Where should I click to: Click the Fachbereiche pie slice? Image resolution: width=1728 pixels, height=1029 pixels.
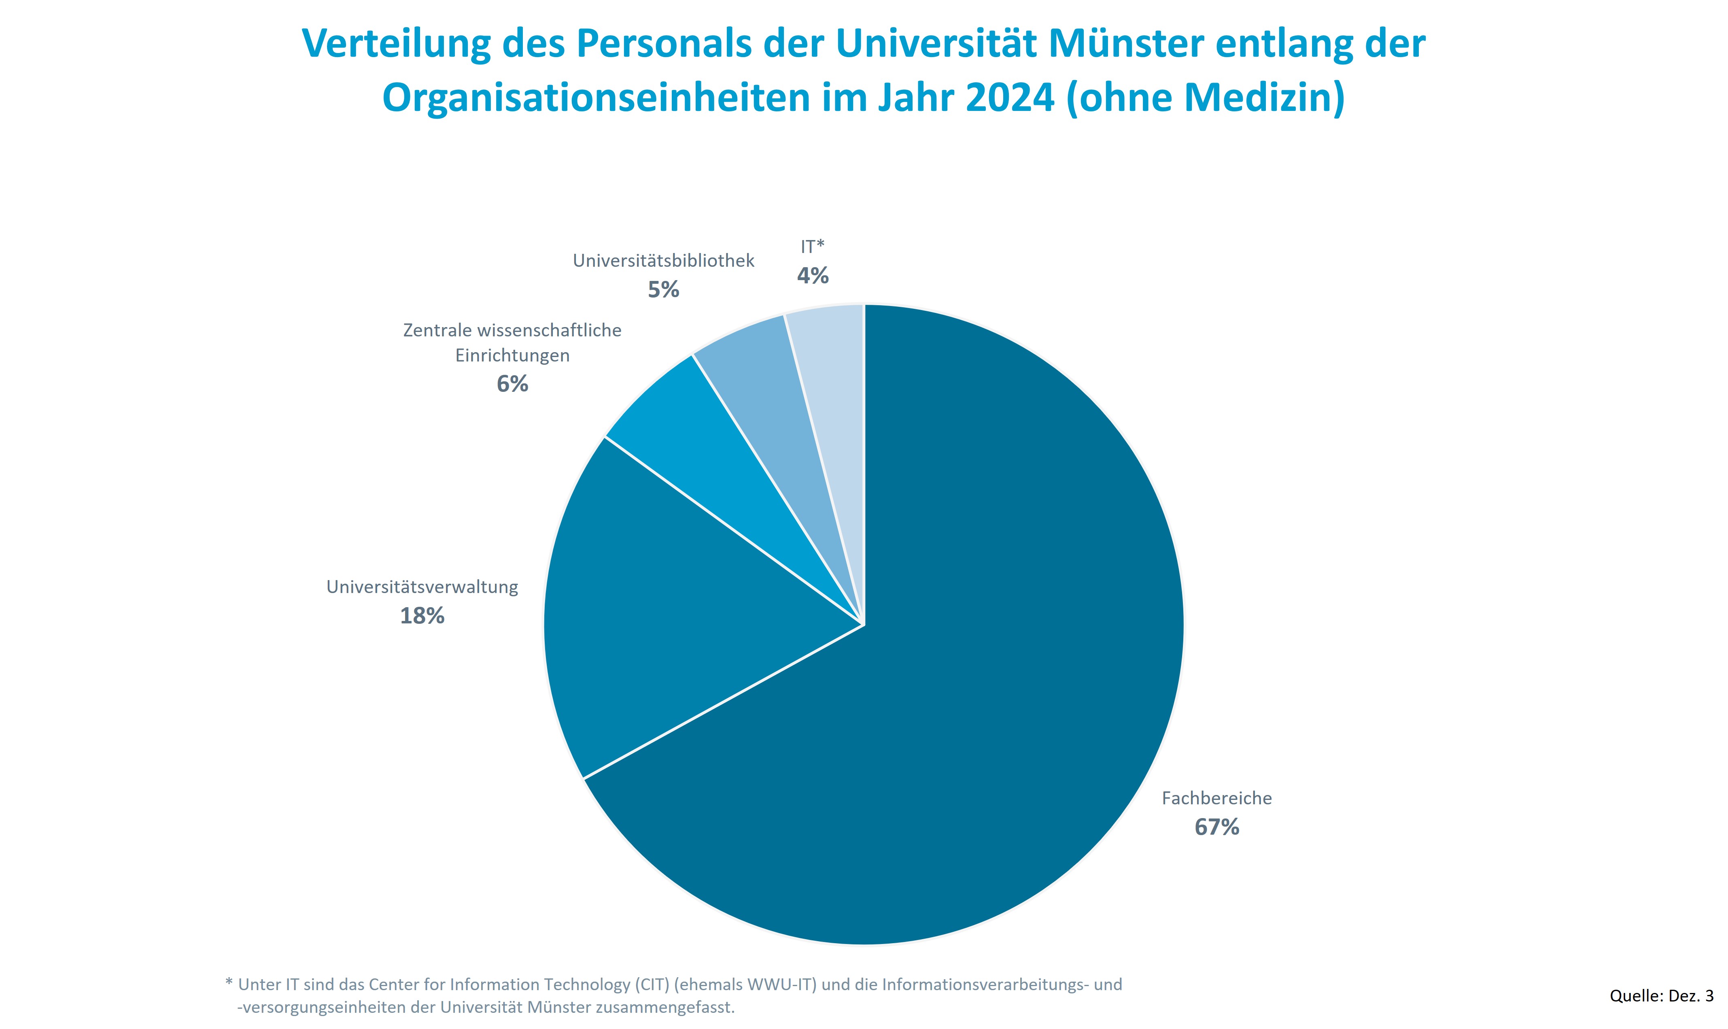(970, 693)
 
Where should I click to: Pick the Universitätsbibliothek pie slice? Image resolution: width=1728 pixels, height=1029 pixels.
(776, 388)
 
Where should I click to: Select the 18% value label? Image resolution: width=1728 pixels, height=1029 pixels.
(422, 616)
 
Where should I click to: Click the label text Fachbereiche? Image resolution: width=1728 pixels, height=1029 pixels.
(1216, 798)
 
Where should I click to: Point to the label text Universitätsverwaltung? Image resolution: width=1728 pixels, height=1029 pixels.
(422, 587)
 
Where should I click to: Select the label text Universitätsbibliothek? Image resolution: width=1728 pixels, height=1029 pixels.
(663, 261)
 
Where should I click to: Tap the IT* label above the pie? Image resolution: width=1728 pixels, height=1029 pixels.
(812, 246)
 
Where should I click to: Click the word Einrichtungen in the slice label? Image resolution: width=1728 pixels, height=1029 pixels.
(512, 356)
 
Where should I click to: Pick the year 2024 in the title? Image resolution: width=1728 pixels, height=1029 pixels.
(1010, 98)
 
